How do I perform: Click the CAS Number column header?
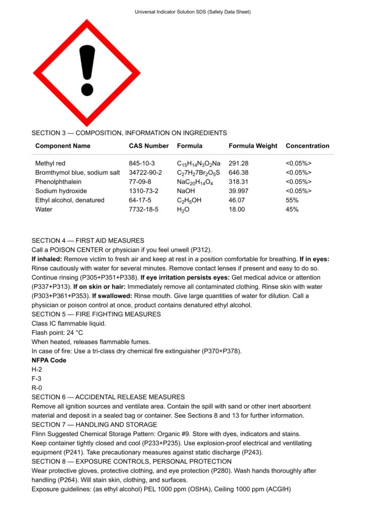[x=149, y=146]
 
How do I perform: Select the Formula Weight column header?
[x=253, y=146]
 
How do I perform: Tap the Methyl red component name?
[x=50, y=163]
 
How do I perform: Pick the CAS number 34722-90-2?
[x=146, y=172]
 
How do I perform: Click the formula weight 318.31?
[x=239, y=181]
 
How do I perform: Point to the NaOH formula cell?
[x=186, y=191]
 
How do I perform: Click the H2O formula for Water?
[x=184, y=209]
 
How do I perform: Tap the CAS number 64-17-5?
[x=142, y=200]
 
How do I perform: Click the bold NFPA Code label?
[x=49, y=360]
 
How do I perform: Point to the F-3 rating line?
[x=37, y=378]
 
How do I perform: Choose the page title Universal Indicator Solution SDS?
[x=193, y=12]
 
